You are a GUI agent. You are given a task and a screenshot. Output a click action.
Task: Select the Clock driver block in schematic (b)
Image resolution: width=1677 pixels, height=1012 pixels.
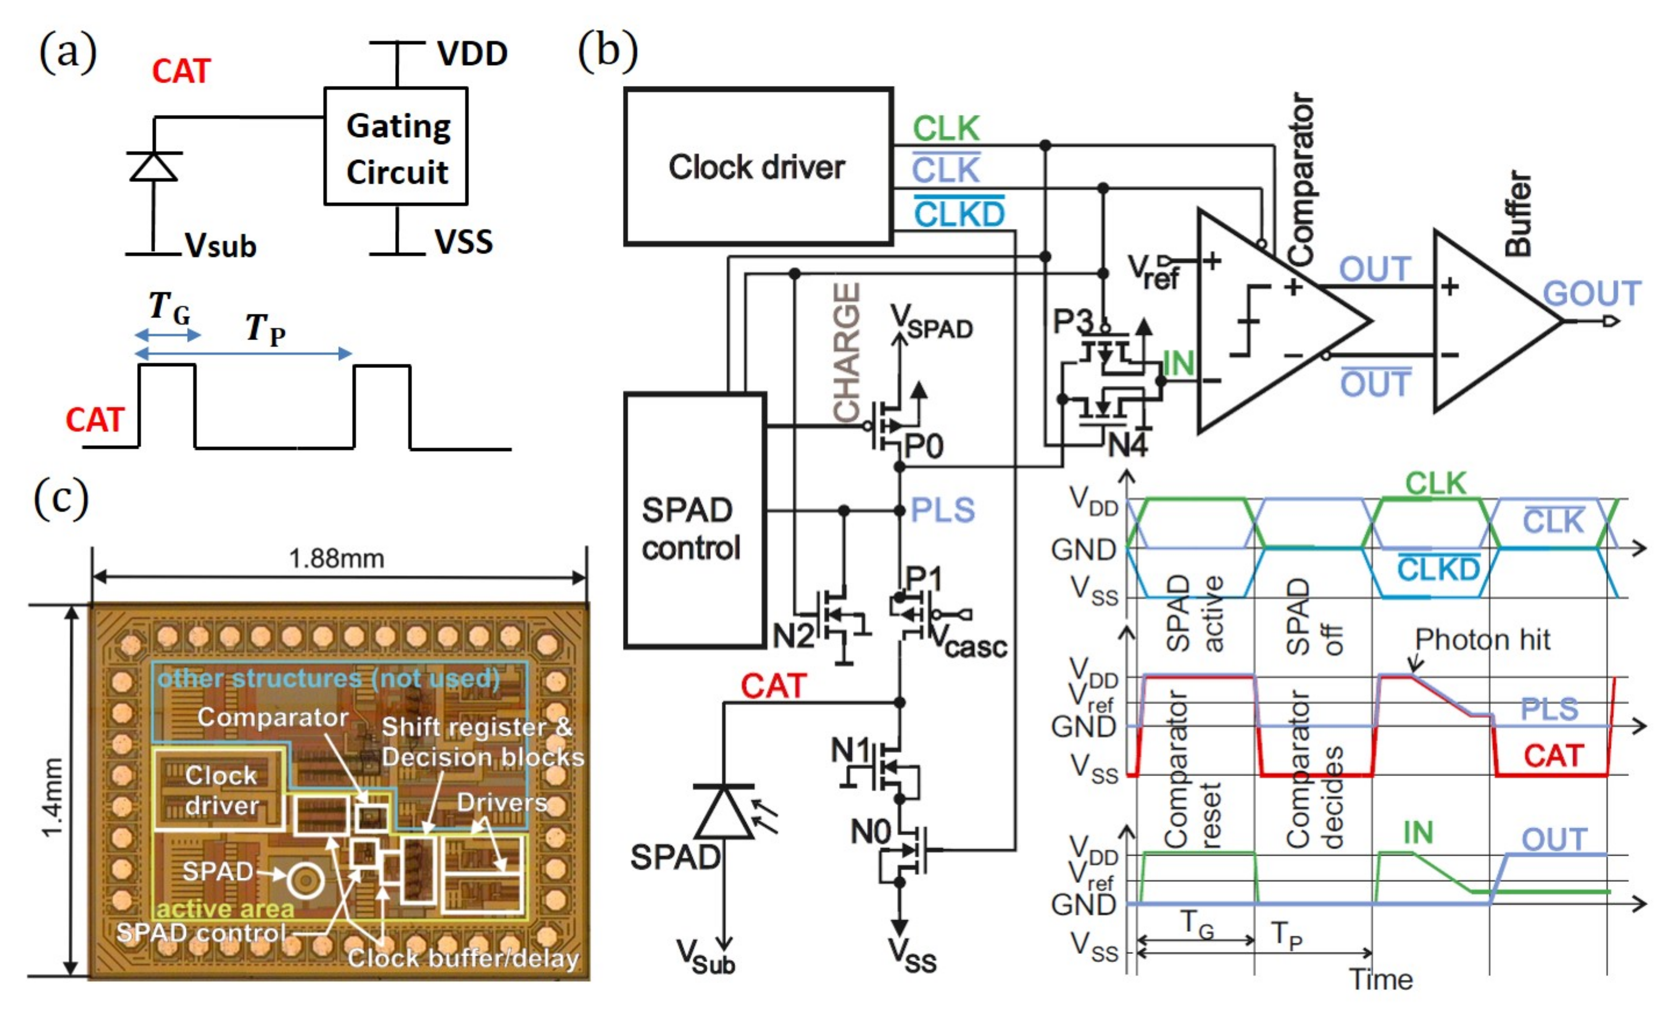click(x=758, y=167)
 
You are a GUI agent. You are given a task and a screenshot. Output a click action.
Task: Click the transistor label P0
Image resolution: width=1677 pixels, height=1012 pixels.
click(x=924, y=447)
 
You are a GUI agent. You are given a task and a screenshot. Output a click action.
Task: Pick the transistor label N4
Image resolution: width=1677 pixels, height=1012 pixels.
click(x=1128, y=446)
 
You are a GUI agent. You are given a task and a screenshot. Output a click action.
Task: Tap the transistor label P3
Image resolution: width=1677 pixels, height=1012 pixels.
click(x=1072, y=321)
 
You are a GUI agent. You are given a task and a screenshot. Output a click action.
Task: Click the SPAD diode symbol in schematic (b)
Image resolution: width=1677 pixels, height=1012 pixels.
click(x=723, y=812)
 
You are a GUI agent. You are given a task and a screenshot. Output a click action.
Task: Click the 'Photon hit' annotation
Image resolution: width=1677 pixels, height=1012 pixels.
click(x=1482, y=640)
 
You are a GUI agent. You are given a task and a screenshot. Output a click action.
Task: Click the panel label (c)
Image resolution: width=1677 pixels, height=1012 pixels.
click(x=61, y=497)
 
